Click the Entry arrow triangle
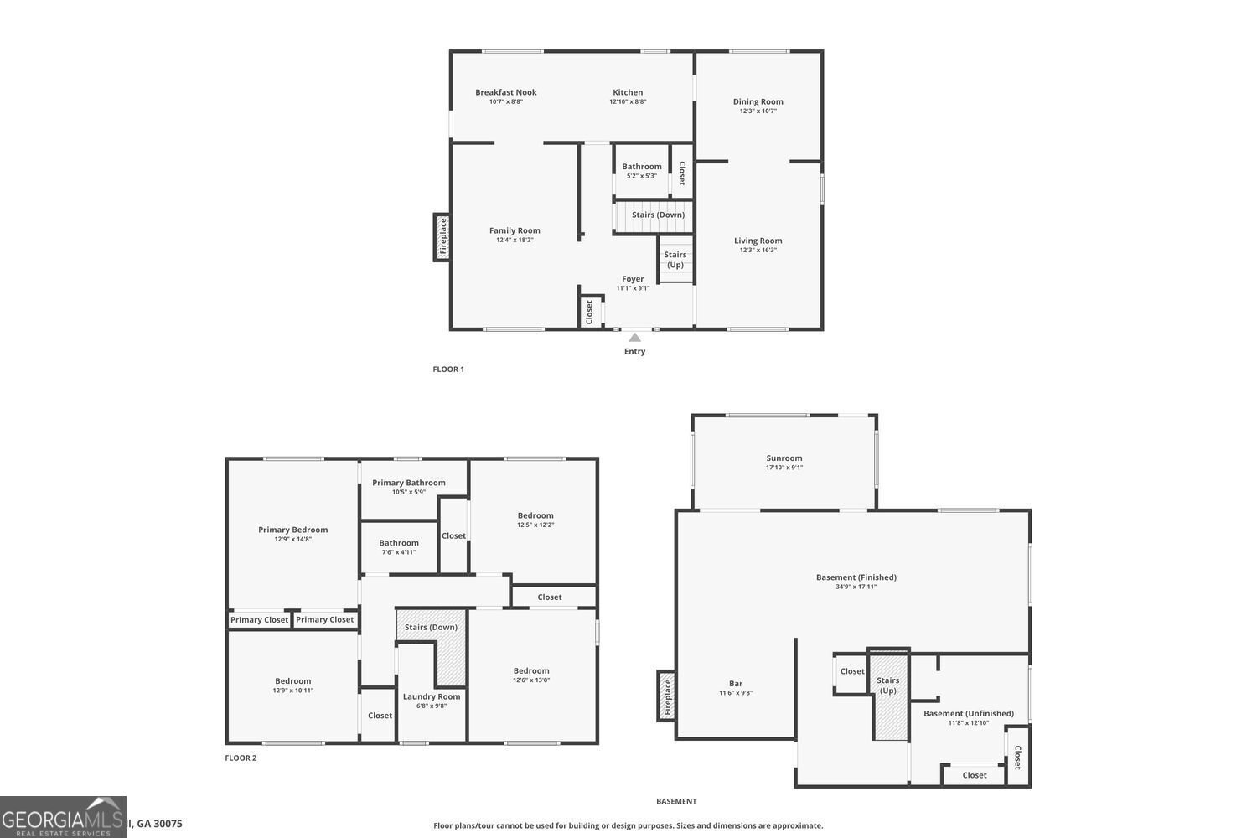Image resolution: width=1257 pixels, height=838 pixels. click(635, 338)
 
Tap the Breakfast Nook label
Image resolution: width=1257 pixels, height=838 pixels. click(505, 92)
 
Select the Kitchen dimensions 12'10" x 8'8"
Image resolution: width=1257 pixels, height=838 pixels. click(628, 102)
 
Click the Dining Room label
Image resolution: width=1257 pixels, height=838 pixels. click(758, 101)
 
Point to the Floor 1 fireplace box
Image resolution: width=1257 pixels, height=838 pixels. click(442, 237)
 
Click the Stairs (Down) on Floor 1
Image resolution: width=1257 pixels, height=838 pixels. click(658, 215)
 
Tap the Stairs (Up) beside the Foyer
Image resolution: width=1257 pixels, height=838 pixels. click(675, 260)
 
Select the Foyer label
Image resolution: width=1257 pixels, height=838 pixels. click(633, 279)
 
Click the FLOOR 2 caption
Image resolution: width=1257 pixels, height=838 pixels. click(241, 758)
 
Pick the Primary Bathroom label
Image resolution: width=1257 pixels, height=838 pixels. click(409, 483)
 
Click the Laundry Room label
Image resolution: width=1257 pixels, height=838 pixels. click(432, 696)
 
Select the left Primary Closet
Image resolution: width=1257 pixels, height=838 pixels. click(259, 620)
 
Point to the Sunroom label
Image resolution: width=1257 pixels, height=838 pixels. click(784, 458)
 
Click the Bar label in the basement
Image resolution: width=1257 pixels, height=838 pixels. click(736, 684)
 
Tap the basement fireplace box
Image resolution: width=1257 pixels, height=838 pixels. click(667, 696)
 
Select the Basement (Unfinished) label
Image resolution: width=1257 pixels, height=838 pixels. click(969, 714)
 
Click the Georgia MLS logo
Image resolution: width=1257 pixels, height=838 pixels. click(63, 817)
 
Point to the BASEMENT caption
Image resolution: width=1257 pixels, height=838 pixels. click(676, 802)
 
